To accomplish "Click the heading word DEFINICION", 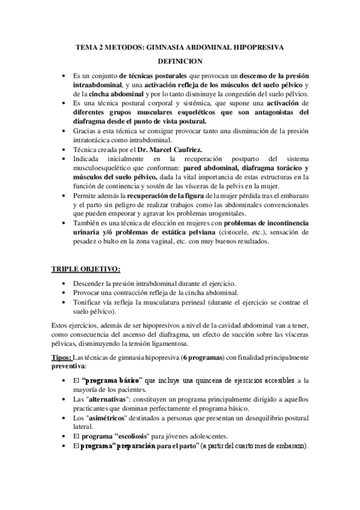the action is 180,61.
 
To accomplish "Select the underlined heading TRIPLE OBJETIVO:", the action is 85,267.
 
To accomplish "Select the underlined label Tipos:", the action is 61,358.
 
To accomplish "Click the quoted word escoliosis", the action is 143,436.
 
